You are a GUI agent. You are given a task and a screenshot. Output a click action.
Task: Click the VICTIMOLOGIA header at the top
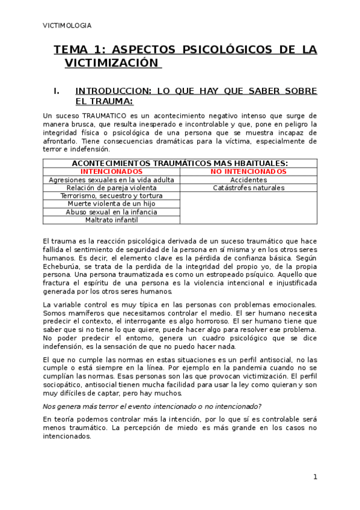(x=67, y=25)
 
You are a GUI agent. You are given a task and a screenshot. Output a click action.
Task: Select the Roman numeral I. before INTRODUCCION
(x=56, y=91)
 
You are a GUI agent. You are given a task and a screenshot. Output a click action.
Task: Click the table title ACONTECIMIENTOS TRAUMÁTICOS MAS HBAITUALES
(x=180, y=163)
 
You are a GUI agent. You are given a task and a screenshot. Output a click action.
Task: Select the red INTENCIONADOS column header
(x=111, y=171)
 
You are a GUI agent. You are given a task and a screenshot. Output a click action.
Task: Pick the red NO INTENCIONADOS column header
(x=248, y=171)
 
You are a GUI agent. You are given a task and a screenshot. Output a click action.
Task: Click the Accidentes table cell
(x=248, y=180)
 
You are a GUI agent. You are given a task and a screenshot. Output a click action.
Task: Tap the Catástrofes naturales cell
(x=248, y=188)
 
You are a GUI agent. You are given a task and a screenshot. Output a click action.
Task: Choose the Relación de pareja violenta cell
(x=111, y=188)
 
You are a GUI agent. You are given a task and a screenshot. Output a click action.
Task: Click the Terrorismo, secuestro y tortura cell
(x=111, y=196)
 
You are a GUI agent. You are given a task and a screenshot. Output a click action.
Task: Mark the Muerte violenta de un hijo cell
(x=111, y=204)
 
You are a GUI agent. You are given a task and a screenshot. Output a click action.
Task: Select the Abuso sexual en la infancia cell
(x=111, y=212)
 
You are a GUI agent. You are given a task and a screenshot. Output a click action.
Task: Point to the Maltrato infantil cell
(x=111, y=220)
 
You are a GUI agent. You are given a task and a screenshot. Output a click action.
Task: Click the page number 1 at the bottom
(x=314, y=477)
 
